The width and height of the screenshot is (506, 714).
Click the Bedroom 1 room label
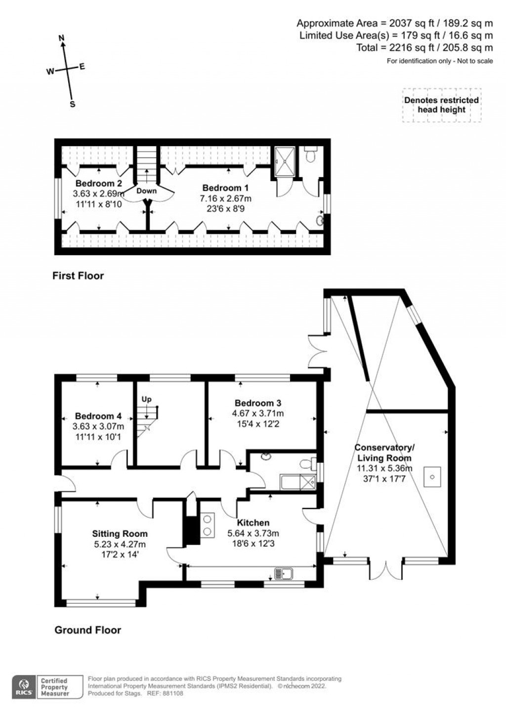[225, 188]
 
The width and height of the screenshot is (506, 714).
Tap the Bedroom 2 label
[98, 184]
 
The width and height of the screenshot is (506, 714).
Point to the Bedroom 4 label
[98, 416]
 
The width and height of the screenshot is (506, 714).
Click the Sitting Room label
[120, 533]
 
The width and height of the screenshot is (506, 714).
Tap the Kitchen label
[253, 523]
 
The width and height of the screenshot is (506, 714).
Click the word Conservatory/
[384, 448]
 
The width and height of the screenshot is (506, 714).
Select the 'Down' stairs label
[146, 191]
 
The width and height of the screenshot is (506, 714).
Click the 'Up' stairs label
[147, 399]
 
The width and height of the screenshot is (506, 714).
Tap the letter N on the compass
[62, 38]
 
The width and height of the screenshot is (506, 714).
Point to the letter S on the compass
[73, 104]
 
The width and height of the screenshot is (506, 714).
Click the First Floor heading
[78, 276]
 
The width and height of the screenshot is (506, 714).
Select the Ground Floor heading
[87, 630]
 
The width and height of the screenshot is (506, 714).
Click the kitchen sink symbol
[284, 574]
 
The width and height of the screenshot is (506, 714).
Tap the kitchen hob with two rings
[208, 525]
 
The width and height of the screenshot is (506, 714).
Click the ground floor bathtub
[297, 482]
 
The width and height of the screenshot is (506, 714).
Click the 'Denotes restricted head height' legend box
[441, 105]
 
